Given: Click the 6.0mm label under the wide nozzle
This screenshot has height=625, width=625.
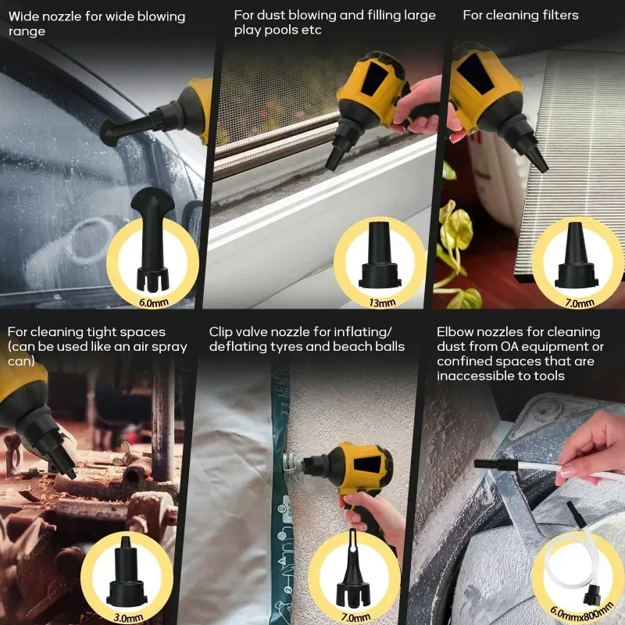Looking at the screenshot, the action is (153, 302).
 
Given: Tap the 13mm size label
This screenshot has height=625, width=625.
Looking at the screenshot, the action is (382, 302).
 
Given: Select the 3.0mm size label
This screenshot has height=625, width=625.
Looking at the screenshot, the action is (128, 617).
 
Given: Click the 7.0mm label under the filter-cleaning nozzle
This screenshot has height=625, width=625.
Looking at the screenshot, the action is (580, 303).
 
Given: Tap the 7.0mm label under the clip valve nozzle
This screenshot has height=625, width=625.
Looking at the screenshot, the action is (355, 618).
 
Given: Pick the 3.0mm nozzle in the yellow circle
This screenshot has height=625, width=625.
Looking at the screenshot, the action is (127, 573).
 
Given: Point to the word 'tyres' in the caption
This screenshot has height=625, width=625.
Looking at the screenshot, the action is (287, 346).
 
